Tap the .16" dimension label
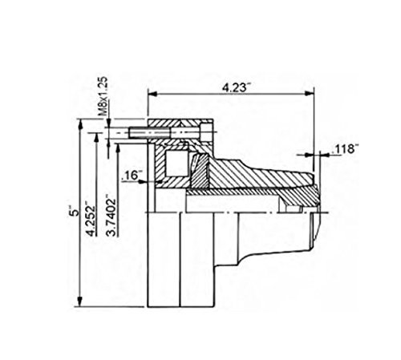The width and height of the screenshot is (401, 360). pos(132,176)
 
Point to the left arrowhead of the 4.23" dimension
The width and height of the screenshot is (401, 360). pos(150,93)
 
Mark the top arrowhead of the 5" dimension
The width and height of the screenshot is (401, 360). pos(80,123)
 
